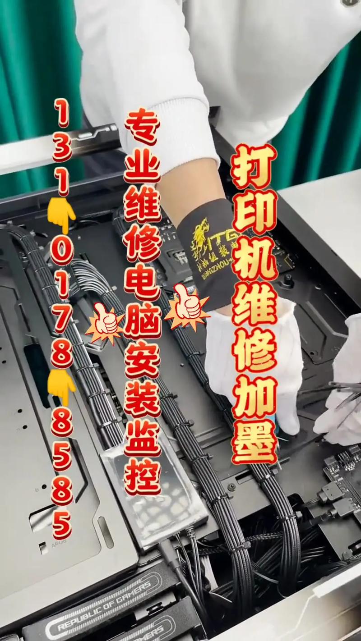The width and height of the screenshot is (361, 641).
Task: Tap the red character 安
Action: coord(142,363)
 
